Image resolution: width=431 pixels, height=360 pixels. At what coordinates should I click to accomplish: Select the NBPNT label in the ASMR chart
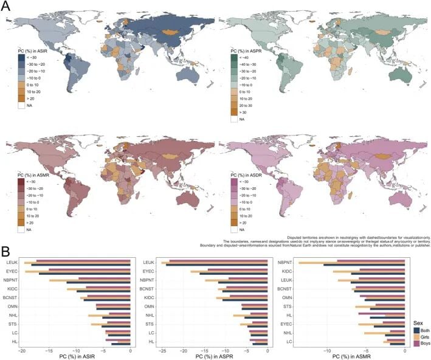pyautogui.click(x=286, y=262)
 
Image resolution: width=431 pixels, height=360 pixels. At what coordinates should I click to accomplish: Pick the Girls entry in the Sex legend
pyautogui.click(x=421, y=334)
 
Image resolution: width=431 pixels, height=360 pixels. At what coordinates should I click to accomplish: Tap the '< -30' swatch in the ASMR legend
pyautogui.click(x=22, y=181)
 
